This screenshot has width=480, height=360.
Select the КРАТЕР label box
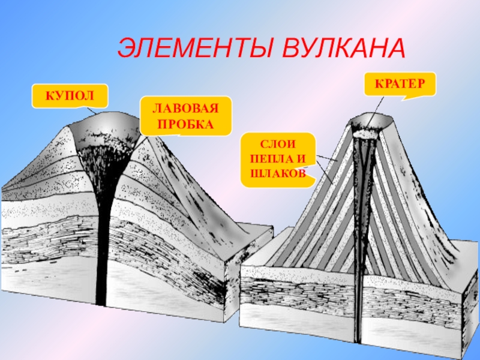(400, 86)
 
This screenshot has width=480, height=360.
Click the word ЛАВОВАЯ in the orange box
(185, 109)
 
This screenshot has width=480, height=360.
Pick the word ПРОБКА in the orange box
(185, 124)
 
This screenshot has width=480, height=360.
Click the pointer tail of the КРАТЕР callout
(408, 98)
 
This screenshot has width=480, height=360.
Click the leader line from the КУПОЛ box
(90, 110)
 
